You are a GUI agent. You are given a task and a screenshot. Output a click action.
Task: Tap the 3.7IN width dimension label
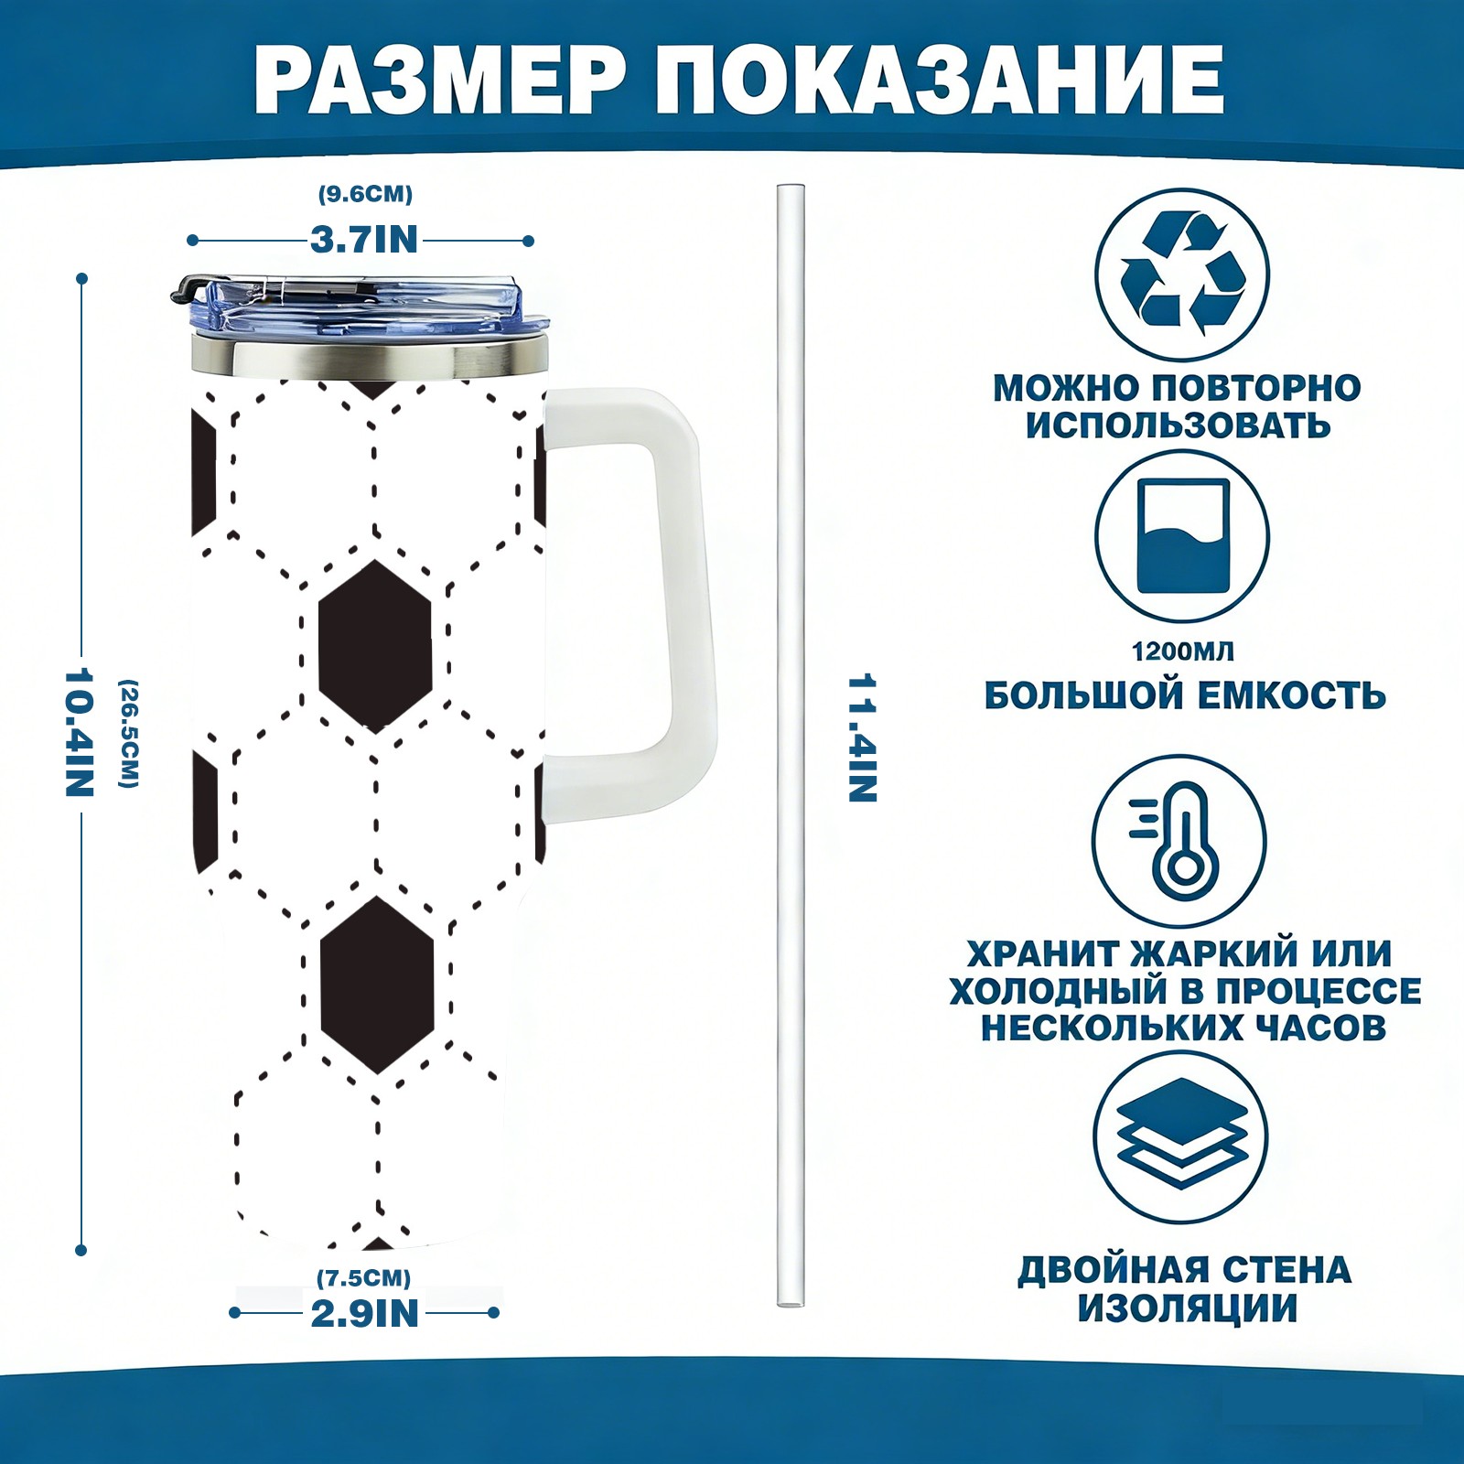click(363, 240)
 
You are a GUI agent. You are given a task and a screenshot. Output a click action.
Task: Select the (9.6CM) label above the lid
click(365, 194)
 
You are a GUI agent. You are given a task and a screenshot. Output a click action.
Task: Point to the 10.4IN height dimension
click(80, 732)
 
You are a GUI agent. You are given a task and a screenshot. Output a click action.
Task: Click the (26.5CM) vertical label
click(129, 733)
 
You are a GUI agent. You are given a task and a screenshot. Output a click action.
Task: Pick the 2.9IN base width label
click(364, 1313)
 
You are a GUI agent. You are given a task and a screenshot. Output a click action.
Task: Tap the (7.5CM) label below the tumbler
click(363, 1277)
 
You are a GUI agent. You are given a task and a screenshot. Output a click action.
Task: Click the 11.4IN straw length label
click(862, 738)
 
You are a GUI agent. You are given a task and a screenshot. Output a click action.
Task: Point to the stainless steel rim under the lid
click(370, 358)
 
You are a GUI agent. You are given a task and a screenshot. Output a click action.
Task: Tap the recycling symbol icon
click(1182, 274)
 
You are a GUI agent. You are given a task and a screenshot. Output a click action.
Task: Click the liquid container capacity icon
click(1182, 537)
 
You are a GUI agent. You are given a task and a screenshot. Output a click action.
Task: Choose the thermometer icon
click(1180, 840)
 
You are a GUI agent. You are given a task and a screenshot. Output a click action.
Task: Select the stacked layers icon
click(1181, 1137)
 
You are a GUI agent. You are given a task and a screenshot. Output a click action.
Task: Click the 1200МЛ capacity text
click(1182, 651)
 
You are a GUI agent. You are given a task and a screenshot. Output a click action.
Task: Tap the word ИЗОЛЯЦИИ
click(1187, 1308)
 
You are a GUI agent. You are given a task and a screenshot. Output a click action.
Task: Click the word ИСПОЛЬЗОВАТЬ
click(1178, 425)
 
